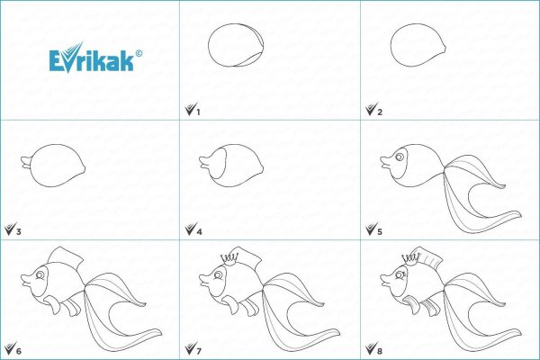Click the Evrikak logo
[x=93, y=60]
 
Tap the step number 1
[x=197, y=111]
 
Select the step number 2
[x=379, y=111]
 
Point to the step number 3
[x=18, y=231]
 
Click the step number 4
[x=199, y=231]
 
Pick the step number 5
[x=380, y=231]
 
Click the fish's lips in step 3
[x=24, y=163]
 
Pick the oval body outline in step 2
[x=415, y=45]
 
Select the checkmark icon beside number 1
[x=188, y=110]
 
